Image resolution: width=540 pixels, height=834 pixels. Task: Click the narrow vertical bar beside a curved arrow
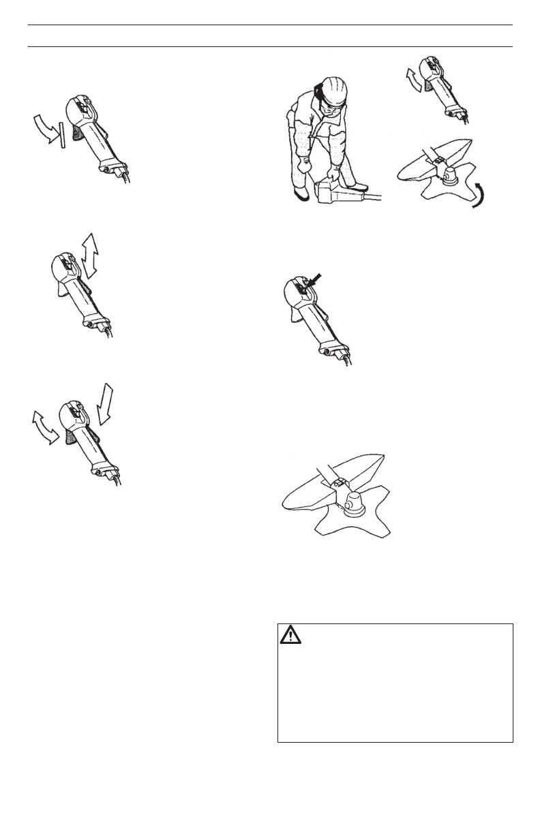(x=62, y=134)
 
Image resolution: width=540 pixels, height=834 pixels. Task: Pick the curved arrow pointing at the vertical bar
(x=44, y=127)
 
